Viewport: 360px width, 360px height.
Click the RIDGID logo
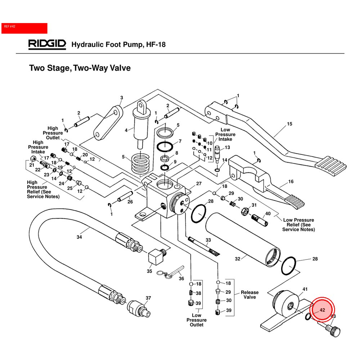point(47,44)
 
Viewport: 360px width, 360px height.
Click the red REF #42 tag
point(24,28)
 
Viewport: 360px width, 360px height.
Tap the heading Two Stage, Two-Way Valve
point(80,68)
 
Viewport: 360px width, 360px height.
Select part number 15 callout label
point(289,124)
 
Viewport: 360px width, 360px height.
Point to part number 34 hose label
point(79,237)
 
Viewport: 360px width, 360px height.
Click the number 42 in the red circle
point(322,310)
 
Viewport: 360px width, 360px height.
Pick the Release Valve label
point(249,295)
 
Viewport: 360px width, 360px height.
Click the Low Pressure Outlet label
point(197,320)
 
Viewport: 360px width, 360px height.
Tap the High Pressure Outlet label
point(53,133)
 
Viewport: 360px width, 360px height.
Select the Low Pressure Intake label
point(225,134)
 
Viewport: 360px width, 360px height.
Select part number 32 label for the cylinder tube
point(238,258)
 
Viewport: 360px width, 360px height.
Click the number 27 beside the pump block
point(198,184)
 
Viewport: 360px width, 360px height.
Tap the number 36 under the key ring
point(181,278)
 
